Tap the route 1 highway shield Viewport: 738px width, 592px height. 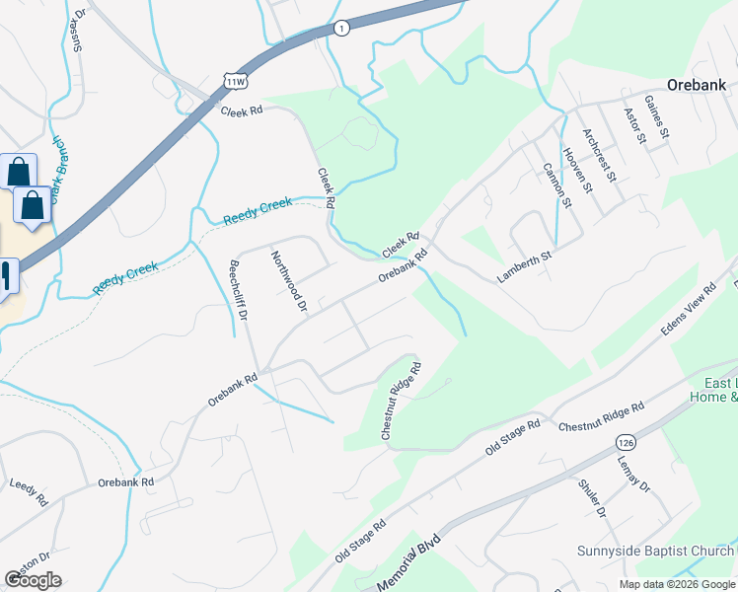tap(340, 29)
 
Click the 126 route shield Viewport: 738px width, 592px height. tap(624, 440)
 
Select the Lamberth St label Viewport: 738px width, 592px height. tap(523, 266)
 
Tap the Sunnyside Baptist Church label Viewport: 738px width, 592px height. tap(652, 551)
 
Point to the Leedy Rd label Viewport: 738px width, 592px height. tap(28, 491)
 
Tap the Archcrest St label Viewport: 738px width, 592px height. tap(599, 155)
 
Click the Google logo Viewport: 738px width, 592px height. tap(33, 580)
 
